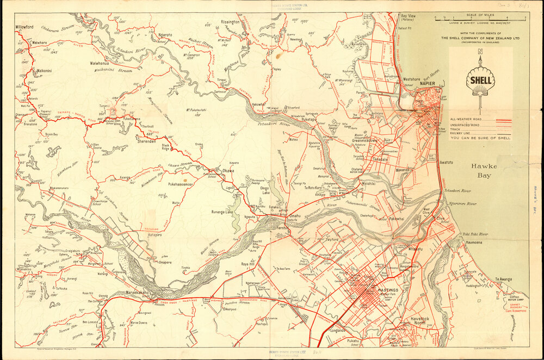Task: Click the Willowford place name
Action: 24,27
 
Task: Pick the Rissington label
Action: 230,22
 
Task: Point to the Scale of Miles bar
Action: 480,18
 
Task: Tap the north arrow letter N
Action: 480,52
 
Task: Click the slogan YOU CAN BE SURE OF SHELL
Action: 480,139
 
